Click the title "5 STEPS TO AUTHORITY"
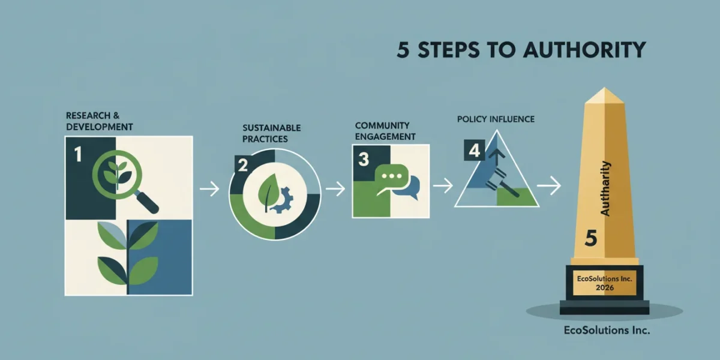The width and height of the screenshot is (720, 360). pos(521,50)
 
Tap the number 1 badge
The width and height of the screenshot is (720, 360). pos(78,154)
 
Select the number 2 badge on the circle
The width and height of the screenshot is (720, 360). pos(243,166)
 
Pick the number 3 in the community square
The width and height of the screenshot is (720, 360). pos(364,159)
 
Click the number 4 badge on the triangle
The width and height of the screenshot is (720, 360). pos(475,150)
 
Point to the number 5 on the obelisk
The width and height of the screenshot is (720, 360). pos(591,239)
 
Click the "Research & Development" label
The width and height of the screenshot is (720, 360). pos(100,121)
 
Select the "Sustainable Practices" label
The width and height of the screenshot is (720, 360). pos(272,133)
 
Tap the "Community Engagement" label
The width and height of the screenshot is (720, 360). pos(385,131)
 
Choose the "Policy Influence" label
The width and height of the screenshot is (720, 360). pos(496,119)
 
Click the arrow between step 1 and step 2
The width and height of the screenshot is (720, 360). pos(209,188)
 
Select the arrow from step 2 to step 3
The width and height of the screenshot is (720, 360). pos(335,188)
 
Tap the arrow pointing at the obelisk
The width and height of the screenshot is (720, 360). pos(549,185)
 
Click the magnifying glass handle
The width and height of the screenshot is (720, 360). pos(146,201)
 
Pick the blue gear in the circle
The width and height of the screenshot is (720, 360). pos(283,200)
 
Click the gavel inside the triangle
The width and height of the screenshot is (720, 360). pos(502,184)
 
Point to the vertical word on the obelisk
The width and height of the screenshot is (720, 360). pos(605,188)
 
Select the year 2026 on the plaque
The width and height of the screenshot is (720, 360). pos(605,287)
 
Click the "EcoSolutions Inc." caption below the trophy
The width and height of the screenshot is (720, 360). pos(607,330)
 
